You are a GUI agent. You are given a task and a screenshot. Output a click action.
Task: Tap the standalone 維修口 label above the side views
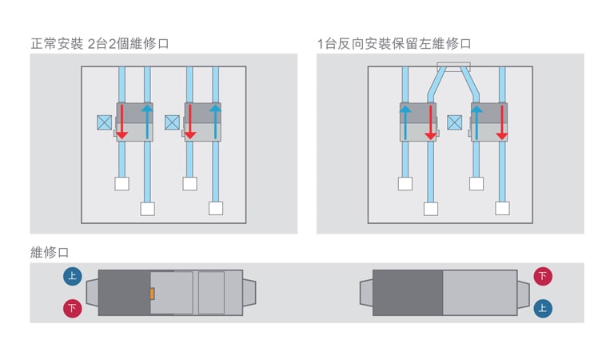pyautogui.click(x=50, y=253)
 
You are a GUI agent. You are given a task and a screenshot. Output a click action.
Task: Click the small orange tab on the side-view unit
pyautogui.click(x=152, y=294)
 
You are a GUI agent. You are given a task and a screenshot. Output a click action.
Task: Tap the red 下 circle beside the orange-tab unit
pyautogui.click(x=73, y=308)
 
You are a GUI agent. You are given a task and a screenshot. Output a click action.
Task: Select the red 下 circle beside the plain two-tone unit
pyautogui.click(x=543, y=277)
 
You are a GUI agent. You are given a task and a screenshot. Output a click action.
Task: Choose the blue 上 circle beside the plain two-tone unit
pyautogui.click(x=543, y=308)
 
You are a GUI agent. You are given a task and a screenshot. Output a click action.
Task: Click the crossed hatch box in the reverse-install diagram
pyautogui.click(x=455, y=122)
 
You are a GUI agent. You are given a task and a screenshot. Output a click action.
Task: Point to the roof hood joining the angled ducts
pyautogui.click(x=453, y=66)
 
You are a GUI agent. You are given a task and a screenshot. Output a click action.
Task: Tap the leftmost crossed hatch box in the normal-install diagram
pyautogui.click(x=104, y=122)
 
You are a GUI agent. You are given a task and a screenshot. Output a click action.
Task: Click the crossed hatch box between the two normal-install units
pyautogui.click(x=172, y=122)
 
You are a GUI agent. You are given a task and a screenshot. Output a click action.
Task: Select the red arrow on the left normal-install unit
pyautogui.click(x=122, y=121)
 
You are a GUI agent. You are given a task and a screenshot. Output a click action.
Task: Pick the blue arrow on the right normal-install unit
pyautogui.click(x=216, y=121)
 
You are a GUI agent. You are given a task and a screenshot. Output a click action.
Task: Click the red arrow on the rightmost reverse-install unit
pyautogui.click(x=501, y=121)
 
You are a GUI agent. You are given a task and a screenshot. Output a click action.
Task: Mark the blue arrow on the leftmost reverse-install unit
pyautogui.click(x=405, y=121)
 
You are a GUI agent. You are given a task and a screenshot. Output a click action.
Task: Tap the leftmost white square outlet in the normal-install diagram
pyautogui.click(x=122, y=183)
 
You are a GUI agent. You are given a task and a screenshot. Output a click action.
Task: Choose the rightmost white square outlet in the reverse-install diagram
pyautogui.click(x=502, y=208)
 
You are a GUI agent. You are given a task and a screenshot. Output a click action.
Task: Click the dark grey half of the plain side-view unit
pyautogui.click(x=408, y=293)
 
